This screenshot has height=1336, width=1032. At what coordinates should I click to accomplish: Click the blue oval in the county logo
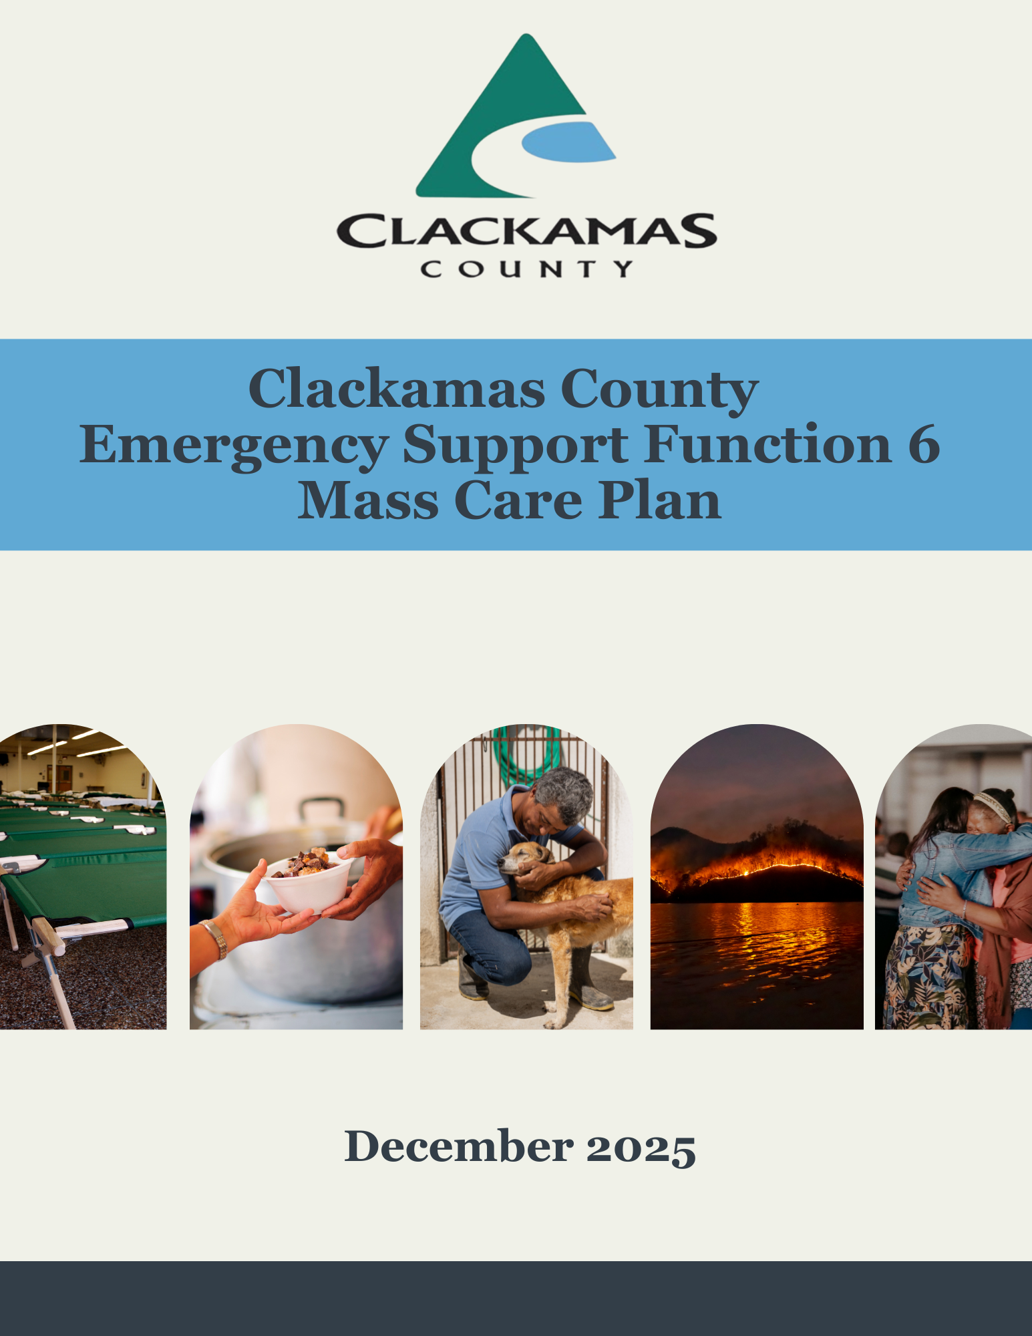[568, 142]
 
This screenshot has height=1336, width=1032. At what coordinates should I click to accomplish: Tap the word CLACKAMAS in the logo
[526, 230]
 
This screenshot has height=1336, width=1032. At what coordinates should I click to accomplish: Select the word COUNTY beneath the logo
[526, 269]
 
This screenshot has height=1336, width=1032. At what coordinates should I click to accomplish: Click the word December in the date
[459, 1146]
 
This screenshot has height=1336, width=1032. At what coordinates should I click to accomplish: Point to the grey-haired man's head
[562, 798]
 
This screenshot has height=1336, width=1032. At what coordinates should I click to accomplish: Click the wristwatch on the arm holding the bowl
[215, 938]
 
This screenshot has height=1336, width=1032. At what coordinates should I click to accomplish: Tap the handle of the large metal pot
[322, 809]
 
